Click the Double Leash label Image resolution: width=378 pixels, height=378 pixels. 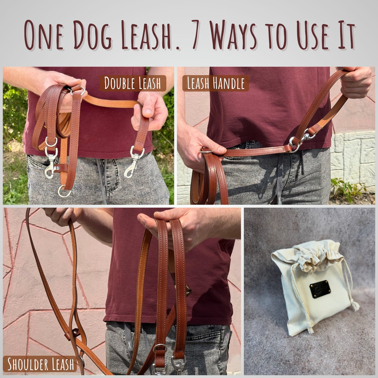132,83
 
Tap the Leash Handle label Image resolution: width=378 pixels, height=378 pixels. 216,83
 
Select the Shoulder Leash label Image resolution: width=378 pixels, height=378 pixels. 41,364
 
